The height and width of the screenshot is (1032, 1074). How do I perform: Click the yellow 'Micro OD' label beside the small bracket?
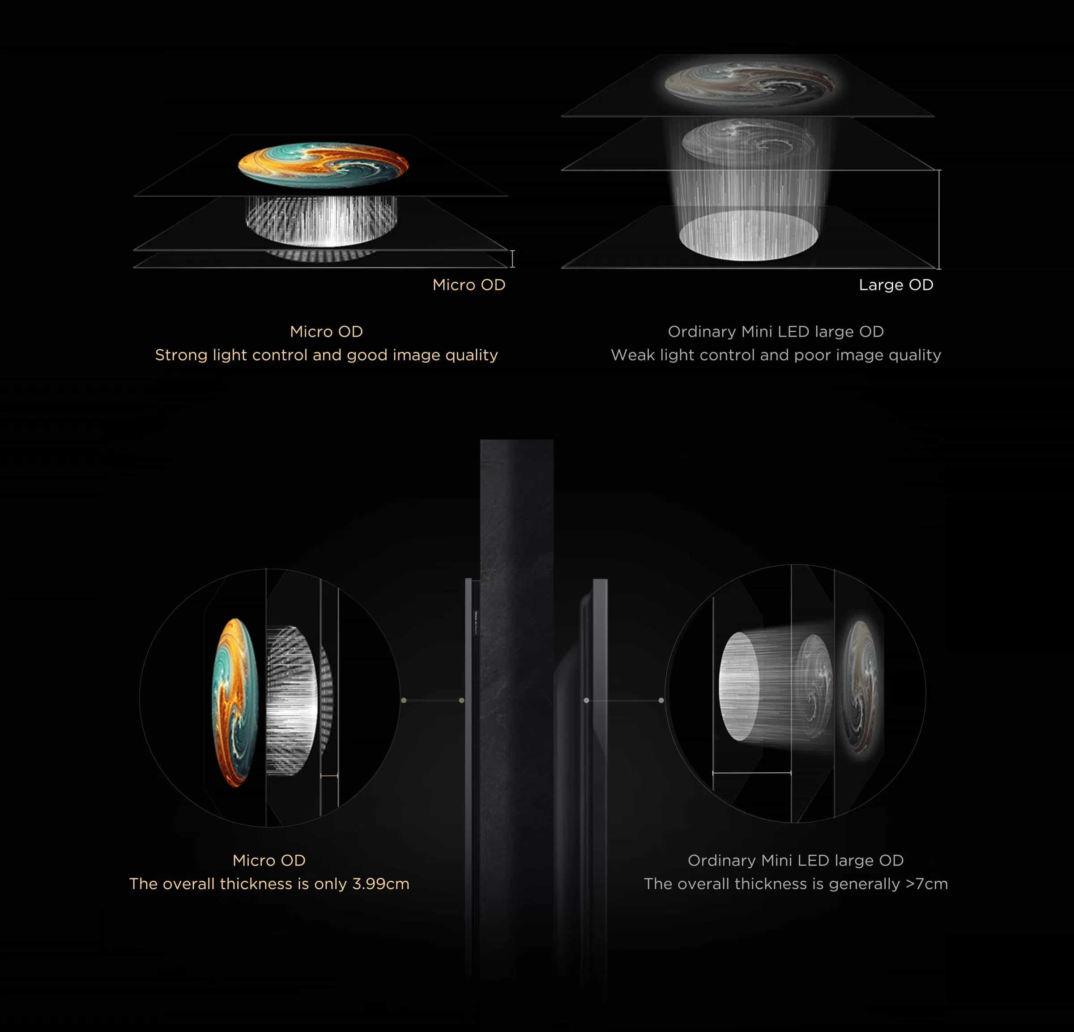[469, 285]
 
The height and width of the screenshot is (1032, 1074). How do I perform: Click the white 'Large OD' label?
[896, 285]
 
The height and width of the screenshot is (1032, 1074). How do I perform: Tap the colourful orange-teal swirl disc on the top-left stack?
[323, 164]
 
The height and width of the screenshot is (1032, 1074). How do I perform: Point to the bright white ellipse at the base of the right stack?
[749, 235]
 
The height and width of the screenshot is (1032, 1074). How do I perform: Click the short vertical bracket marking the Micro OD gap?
[512, 259]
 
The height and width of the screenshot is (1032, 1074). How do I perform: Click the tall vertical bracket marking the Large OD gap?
[939, 219]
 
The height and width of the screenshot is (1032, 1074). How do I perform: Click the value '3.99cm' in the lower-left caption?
[381, 884]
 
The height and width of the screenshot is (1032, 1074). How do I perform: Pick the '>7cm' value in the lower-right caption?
[927, 884]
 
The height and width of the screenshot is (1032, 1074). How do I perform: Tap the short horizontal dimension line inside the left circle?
[329, 776]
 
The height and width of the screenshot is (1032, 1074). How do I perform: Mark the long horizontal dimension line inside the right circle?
[752, 773]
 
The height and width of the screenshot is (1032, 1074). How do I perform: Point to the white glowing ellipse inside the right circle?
[739, 686]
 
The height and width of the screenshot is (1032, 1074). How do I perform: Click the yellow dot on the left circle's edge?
[404, 700]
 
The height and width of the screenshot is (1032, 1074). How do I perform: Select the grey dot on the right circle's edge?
[661, 700]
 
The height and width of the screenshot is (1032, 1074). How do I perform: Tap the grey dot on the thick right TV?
[586, 700]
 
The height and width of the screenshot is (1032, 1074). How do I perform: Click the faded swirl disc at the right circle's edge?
[862, 686]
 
